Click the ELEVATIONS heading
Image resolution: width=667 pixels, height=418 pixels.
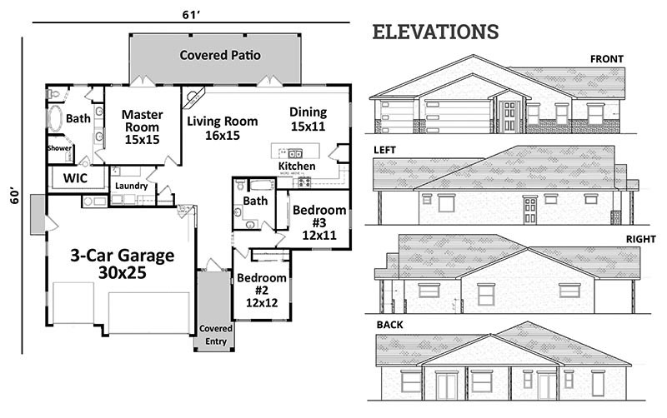(x=435, y=32)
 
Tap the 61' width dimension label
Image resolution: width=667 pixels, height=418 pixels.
(x=191, y=15)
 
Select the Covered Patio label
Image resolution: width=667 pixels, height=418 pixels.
(x=220, y=55)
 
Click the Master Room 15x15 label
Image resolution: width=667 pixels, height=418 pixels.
(x=142, y=127)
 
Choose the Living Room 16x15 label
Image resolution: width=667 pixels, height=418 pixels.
(x=223, y=128)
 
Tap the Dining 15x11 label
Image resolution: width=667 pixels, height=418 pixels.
(x=308, y=119)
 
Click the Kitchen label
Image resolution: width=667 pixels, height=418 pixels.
(x=297, y=166)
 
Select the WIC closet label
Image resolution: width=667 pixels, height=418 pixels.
(x=75, y=178)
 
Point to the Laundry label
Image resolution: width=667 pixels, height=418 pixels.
(x=131, y=186)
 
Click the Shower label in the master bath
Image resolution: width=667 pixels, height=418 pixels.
(x=59, y=148)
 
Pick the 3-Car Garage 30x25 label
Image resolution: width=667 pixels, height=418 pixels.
(x=122, y=264)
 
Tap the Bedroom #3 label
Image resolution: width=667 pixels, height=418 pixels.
(x=319, y=222)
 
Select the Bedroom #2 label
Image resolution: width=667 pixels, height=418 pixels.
(x=262, y=290)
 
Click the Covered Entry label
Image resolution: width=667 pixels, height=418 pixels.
(x=216, y=335)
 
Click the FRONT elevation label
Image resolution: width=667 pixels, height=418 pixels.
(x=607, y=59)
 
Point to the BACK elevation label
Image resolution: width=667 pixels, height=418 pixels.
(x=389, y=325)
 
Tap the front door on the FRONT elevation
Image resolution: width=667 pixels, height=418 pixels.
(x=509, y=116)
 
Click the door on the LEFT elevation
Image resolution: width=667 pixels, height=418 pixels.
(x=529, y=210)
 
